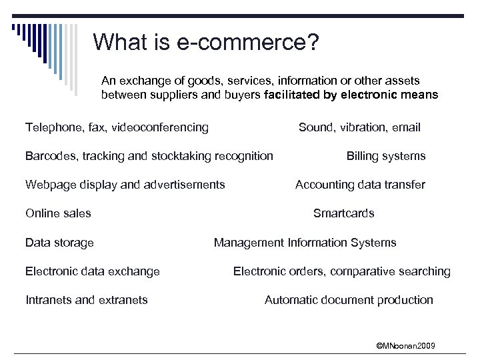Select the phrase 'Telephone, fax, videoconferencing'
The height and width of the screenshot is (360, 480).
(x=117, y=127)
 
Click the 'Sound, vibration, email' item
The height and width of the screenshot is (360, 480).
(x=359, y=127)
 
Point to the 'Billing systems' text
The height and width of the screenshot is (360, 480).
(x=385, y=156)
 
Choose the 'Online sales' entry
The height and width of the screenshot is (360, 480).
(x=58, y=213)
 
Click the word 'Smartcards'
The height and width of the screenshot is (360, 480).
(x=343, y=213)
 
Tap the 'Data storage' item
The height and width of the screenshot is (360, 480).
(x=59, y=243)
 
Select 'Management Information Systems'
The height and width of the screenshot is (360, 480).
(x=305, y=243)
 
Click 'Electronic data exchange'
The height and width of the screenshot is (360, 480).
(x=93, y=271)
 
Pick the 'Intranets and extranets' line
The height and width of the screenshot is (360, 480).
(x=87, y=300)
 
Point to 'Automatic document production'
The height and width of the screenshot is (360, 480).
(x=349, y=300)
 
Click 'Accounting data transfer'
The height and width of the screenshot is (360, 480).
(x=360, y=185)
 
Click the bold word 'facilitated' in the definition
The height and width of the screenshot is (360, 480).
(x=293, y=95)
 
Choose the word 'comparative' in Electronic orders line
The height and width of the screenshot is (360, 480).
(x=367, y=271)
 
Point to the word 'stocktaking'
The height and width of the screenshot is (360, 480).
(x=182, y=156)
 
